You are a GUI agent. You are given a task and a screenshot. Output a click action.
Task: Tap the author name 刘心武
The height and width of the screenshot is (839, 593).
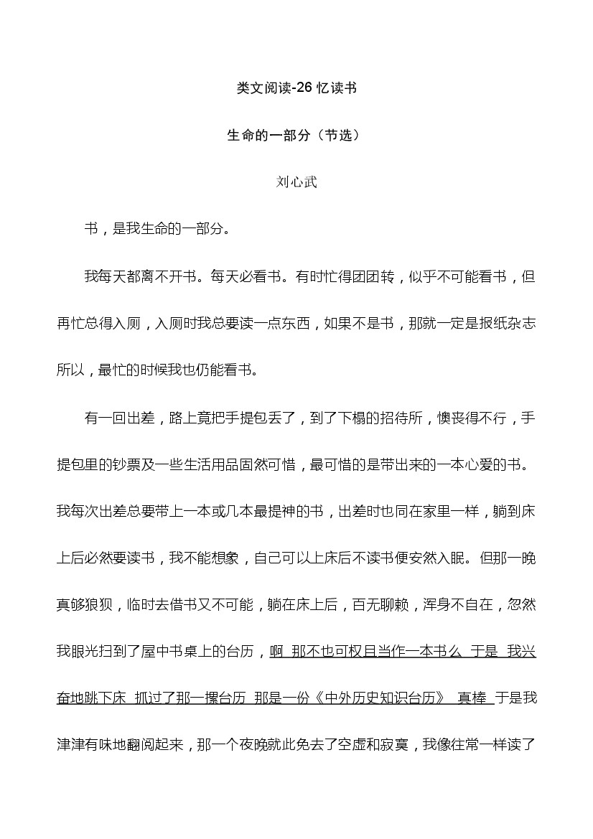tap(296, 182)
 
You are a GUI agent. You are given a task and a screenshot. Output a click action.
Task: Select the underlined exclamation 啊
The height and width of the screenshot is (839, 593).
tap(276, 652)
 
